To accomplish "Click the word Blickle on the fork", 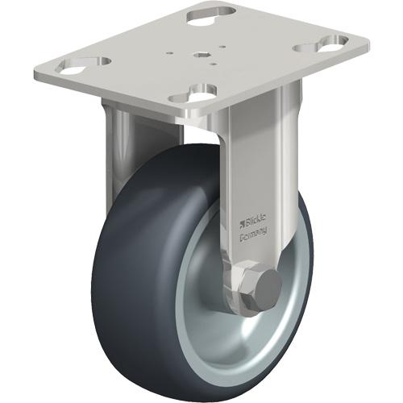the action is (256, 219).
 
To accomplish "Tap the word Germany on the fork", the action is (253, 232).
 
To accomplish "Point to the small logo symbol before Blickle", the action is (242, 223).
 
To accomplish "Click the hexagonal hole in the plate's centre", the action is (199, 55).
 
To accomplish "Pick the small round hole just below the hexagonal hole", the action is (214, 64).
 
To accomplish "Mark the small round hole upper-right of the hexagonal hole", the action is (222, 47).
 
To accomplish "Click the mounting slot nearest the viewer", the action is (193, 94).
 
